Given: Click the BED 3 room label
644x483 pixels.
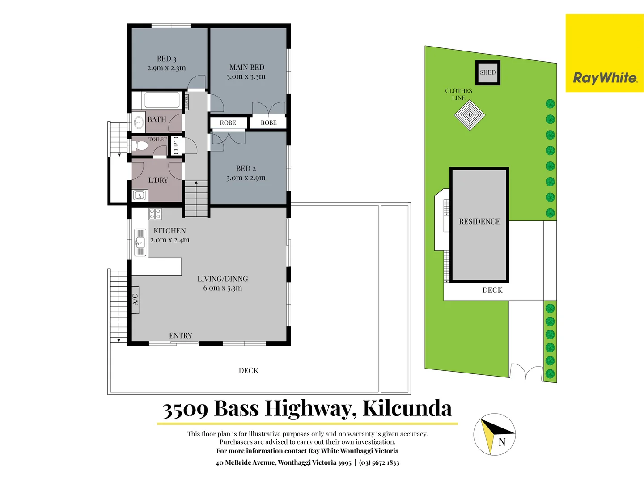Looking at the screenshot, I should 166,59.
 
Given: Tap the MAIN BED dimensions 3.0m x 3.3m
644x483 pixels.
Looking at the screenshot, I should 246,76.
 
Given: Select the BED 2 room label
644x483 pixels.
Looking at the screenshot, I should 246,169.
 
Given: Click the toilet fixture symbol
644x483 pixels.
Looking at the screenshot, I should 140,146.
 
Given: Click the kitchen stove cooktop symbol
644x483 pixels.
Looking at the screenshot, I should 155,214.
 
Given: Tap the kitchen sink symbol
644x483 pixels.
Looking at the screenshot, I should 140,243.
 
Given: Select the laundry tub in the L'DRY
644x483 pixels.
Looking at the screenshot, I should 140,195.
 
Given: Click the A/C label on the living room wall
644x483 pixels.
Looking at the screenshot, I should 136,299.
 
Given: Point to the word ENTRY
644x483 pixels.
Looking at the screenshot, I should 180,335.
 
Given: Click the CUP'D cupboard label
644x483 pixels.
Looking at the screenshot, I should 176,145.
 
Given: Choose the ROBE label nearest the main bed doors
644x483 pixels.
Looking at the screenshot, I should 268,123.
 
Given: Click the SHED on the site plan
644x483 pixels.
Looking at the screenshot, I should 487,72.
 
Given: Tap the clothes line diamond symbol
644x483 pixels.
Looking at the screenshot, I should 470,115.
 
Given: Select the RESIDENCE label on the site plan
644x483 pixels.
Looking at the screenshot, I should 479,221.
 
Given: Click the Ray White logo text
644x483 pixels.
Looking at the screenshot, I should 605,78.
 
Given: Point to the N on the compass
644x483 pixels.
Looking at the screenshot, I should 502,442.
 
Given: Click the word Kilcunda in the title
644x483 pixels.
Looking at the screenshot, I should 407,408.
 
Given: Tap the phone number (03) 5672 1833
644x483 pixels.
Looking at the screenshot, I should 379,462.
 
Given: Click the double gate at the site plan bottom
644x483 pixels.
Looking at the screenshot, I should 526,372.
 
